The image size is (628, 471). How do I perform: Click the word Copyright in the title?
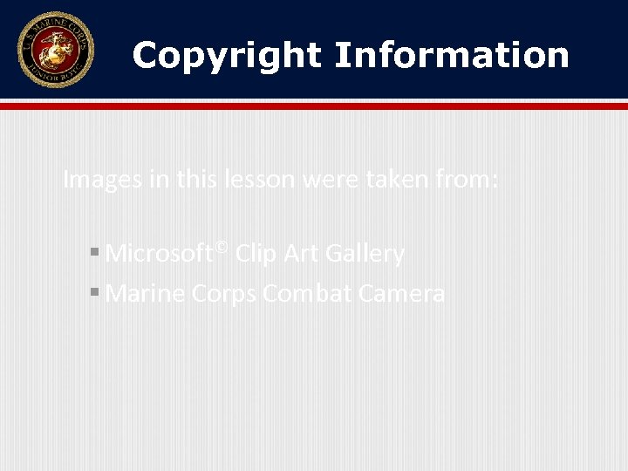pyautogui.click(x=227, y=55)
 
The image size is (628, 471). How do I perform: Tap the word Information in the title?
pyautogui.click(x=451, y=55)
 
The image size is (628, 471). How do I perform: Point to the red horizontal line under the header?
pyautogui.click(x=314, y=106)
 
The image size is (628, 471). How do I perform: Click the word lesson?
pyautogui.click(x=255, y=180)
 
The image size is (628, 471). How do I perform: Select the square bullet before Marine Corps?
pyautogui.click(x=93, y=294)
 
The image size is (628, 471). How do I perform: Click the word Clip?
pyautogui.click(x=256, y=254)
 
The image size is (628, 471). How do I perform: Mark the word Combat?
pyautogui.click(x=302, y=294)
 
